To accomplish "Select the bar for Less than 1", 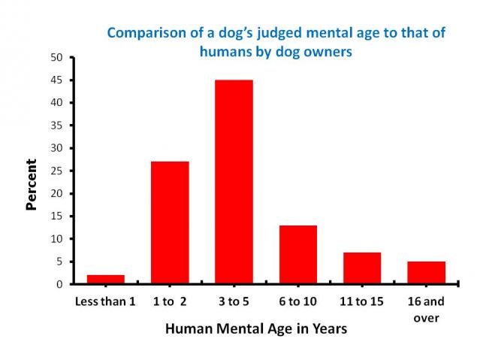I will [x=106, y=280].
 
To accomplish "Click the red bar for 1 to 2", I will [x=170, y=222].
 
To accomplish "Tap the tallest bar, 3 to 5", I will [x=234, y=182].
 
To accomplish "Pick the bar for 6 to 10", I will [x=297, y=254].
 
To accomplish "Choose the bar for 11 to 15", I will [x=361, y=268].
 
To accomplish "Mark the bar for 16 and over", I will [x=426, y=273].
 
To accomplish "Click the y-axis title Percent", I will [x=31, y=184].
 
